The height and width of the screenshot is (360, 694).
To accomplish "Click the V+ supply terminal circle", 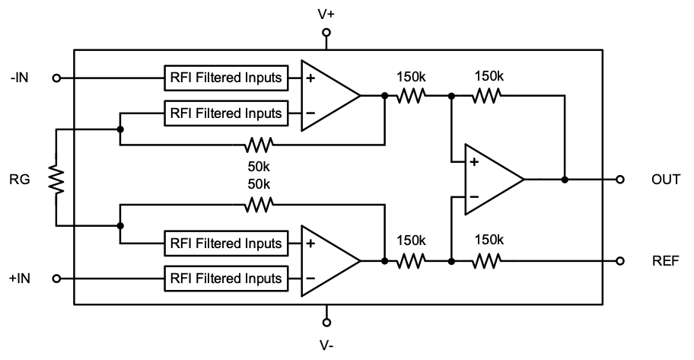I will point(326,33).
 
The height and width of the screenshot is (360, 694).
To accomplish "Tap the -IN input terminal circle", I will point(56,78).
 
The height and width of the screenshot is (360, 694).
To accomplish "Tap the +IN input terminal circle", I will point(56,279).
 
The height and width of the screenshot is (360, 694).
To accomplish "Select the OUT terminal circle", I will point(621,180).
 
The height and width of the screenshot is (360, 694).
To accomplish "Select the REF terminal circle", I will point(621,261).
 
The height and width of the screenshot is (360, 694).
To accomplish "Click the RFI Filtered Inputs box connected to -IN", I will point(226,78).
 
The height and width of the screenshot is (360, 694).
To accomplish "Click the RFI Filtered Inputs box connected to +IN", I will point(226,278).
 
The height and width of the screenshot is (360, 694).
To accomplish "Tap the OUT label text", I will point(666,180).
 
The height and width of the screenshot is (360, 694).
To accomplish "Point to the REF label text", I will point(664,261).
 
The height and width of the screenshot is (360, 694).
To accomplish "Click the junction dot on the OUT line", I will point(564,180).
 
